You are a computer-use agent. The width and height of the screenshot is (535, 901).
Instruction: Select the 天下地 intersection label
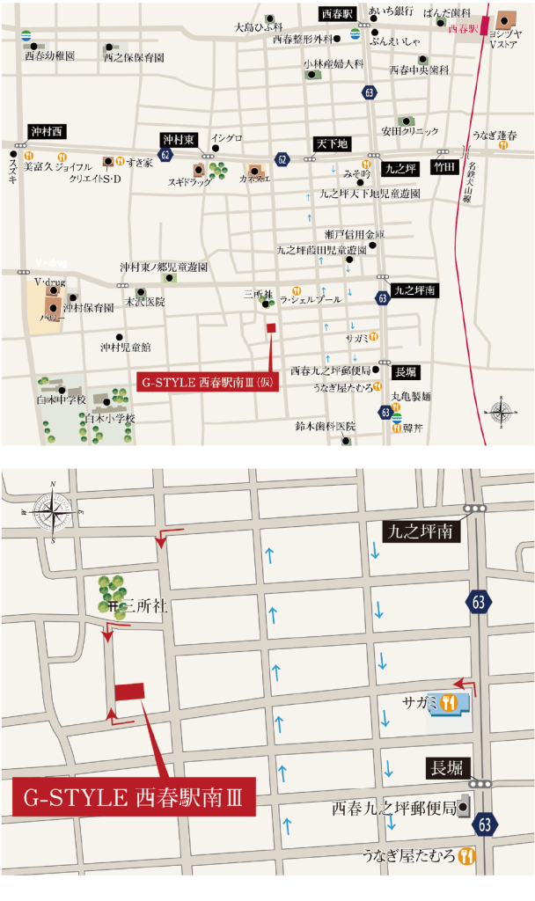[x=332, y=143]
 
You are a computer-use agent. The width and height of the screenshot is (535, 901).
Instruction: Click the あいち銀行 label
[x=391, y=11]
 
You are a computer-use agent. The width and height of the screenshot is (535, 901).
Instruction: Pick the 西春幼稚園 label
[x=50, y=55]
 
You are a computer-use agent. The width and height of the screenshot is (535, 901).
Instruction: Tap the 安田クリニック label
[x=409, y=131]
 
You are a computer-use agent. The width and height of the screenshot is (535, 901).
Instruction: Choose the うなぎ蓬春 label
[x=495, y=135]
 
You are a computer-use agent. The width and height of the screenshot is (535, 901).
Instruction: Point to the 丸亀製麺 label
[x=411, y=396]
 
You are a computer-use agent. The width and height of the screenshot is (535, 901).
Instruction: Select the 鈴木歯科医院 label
[x=325, y=427]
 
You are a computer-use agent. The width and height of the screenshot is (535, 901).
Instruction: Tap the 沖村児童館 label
[x=125, y=347]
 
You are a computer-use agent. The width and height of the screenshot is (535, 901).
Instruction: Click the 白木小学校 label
[x=110, y=419]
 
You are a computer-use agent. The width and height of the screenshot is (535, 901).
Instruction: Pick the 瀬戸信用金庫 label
[x=355, y=234]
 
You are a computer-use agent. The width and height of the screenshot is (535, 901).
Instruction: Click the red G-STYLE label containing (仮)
[x=208, y=383]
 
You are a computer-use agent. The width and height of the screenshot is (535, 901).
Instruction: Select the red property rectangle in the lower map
[x=129, y=692]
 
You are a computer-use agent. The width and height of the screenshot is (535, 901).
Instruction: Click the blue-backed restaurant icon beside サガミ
[x=450, y=702]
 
